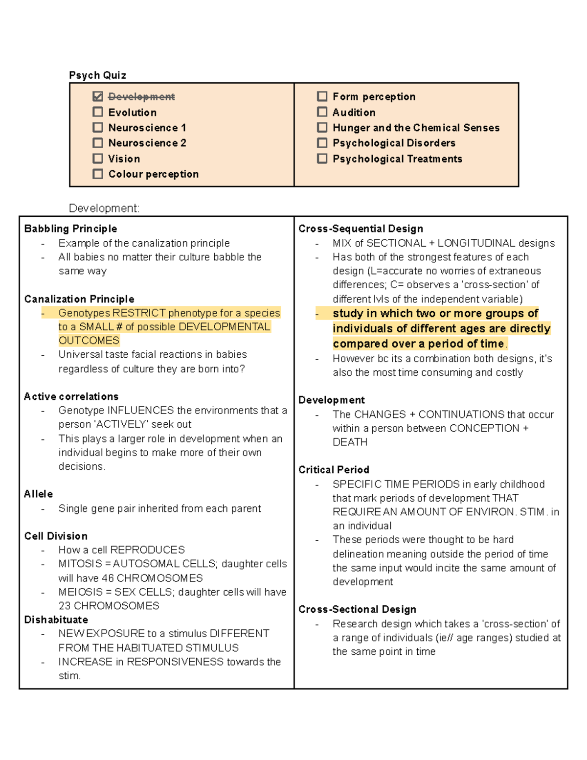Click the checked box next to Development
pos(98,96)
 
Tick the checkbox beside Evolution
pos(98,112)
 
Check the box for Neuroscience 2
pos(98,143)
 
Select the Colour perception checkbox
pos(98,174)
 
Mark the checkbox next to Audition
pos(322,112)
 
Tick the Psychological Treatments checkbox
pos(322,159)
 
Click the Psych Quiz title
pos(97,75)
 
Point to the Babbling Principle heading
pos(70,229)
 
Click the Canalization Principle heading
pos(79,299)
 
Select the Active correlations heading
pos(71,396)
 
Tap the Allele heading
pos(39,494)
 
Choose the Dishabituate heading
pos(56,620)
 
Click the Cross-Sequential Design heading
pos(361,229)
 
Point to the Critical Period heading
pos(334,470)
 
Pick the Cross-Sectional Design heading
pos(357,609)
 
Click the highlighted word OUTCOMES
pos(89,341)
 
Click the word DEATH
pos(350,442)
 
